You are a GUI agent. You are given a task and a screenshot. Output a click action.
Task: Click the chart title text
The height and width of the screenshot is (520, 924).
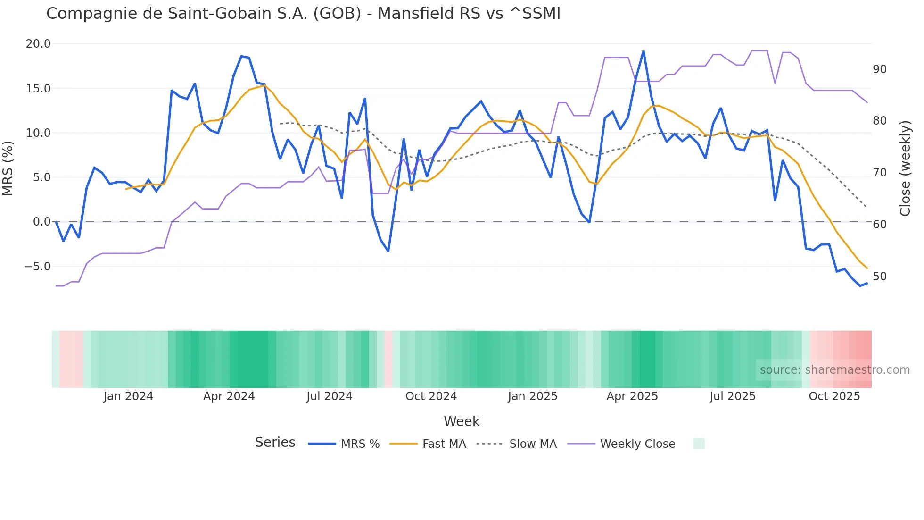coord(303,14)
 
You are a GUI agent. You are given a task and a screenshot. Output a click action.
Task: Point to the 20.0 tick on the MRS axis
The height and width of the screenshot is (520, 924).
coord(38,44)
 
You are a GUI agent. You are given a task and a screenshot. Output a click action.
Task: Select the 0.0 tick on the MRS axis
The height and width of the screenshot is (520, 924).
coord(41,222)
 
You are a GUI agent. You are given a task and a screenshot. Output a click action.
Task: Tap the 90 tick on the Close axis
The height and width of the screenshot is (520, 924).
coord(879,69)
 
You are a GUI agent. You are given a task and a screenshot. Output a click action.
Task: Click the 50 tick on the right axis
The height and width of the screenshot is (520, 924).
coord(879,277)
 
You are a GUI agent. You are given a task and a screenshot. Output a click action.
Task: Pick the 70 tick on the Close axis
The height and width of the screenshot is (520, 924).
coord(879,173)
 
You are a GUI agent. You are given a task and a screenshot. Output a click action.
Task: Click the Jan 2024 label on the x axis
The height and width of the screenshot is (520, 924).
coord(128,396)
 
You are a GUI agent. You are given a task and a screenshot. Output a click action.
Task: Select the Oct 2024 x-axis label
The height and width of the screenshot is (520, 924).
coord(431,396)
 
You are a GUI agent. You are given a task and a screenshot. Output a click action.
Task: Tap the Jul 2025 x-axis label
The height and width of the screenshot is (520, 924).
coord(732,396)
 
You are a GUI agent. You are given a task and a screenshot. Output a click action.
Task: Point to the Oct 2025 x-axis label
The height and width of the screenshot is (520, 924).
coord(834,396)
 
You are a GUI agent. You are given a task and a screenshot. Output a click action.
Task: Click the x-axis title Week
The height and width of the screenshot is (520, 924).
coord(462,421)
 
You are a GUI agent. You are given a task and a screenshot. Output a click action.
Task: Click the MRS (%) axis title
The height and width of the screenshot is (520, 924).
coord(8,168)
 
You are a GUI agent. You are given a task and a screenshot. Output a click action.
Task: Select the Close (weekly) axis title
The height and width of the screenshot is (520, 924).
coord(905,168)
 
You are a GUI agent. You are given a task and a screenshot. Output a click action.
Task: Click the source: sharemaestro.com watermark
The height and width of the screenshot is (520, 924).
coord(834,370)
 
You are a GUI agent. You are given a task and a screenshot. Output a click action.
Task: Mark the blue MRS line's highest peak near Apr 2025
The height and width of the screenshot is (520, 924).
coord(643,51)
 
